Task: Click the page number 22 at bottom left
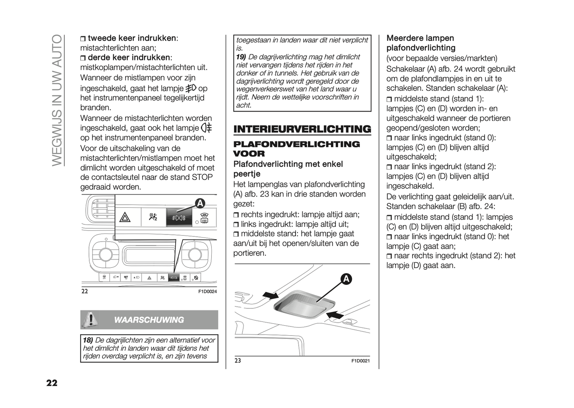click(52, 383)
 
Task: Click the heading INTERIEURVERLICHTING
click(302, 129)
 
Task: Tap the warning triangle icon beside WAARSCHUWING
click(91, 319)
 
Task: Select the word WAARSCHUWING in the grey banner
click(149, 320)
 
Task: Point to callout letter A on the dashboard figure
click(200, 203)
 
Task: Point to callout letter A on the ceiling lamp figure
click(346, 279)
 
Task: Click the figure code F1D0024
click(207, 292)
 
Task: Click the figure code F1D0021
click(360, 361)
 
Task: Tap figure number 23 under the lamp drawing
click(238, 361)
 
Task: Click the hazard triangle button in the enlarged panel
click(125, 217)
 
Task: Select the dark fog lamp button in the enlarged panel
click(179, 218)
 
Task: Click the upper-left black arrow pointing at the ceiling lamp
click(271, 295)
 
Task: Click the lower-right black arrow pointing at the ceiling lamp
click(334, 315)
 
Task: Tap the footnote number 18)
click(88, 340)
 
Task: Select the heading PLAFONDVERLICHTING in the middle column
click(296, 144)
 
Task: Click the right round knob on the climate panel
click(195, 253)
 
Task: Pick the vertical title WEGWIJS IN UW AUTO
click(57, 100)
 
